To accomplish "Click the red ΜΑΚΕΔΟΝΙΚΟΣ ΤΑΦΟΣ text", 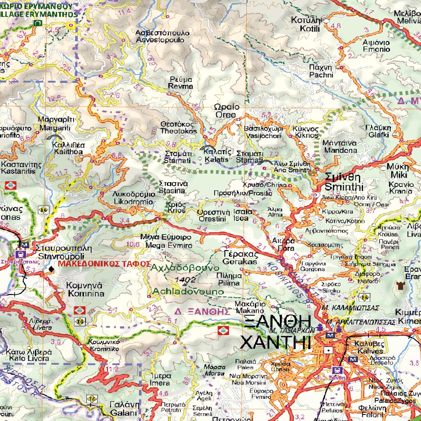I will pos(104,264).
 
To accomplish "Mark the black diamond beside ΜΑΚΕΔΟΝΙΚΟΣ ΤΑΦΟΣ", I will pos(51,269).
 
